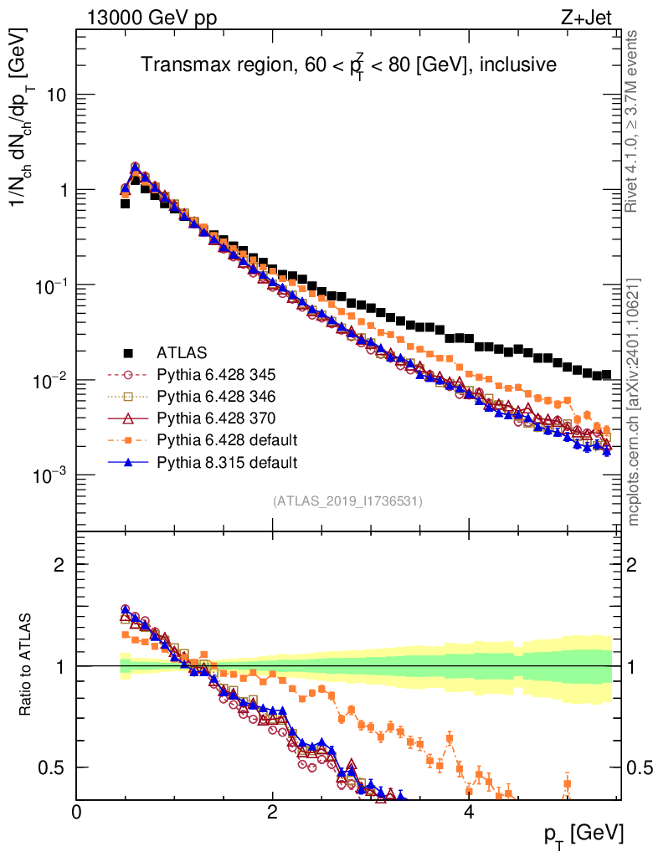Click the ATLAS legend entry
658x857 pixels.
[180, 352]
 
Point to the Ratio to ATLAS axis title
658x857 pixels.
[27, 665]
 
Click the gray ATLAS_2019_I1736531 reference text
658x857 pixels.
[347, 501]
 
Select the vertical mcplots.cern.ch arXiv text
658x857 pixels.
[634, 402]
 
